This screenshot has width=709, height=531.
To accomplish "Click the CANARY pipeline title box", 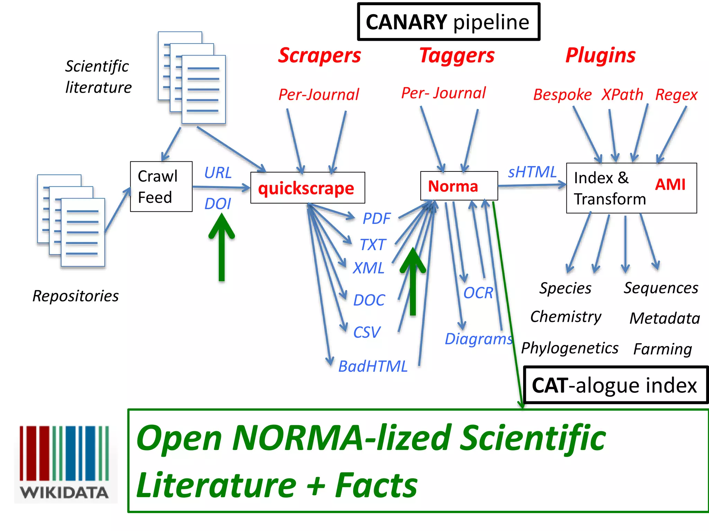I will tap(448, 22).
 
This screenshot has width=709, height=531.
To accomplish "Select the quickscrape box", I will tap(307, 188).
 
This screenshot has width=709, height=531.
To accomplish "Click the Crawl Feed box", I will tap(161, 187).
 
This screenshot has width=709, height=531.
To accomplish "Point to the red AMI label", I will tap(670, 185).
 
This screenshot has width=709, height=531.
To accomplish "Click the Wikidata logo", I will tap(65, 463).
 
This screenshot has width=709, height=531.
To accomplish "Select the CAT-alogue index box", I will tap(614, 385).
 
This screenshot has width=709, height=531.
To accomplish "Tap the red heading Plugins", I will tap(601, 55).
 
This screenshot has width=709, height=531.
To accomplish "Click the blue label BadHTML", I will tap(373, 366).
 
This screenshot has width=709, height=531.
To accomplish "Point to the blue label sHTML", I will tap(532, 172).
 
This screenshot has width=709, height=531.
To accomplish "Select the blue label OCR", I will tap(478, 293).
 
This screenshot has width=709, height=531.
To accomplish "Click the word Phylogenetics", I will tap(569, 348).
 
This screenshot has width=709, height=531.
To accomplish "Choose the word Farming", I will tap(662, 349).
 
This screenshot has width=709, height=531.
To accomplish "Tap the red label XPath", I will tap(622, 95).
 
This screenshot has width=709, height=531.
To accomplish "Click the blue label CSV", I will tap(367, 333).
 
